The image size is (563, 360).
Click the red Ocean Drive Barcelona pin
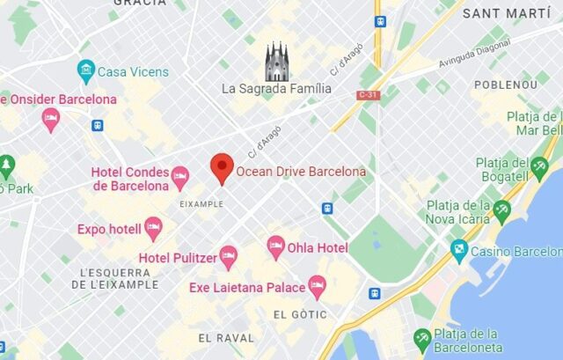tap(223, 167)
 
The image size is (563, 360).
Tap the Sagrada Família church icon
tap(277, 62)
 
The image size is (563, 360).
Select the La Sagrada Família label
tap(276, 88)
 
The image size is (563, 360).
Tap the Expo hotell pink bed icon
tap(153, 229)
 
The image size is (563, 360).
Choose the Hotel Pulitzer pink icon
tap(228, 257)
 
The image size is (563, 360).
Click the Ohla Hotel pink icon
tap(275, 247)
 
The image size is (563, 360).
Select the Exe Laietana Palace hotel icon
tap(317, 286)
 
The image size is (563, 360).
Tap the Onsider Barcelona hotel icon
tap(51, 119)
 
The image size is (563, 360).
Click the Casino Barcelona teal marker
tap(459, 251)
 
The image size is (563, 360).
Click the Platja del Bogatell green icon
tap(539, 165)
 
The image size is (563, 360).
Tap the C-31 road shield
tap(368, 92)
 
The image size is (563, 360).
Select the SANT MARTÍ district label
tap(506, 13)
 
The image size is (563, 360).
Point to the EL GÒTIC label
tap(301, 314)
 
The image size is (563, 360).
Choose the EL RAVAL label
tap(226, 337)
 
